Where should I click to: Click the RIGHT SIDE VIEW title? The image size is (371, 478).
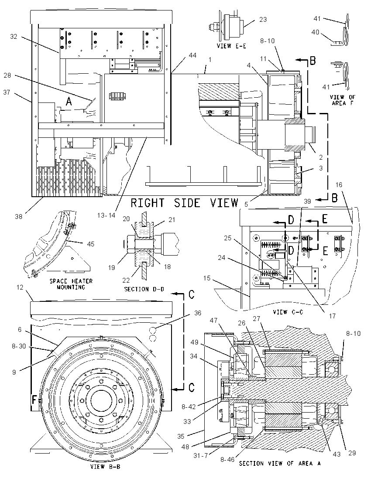pos(184,203)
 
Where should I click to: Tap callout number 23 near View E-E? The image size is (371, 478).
pos(263,20)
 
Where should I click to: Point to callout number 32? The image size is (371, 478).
pos(14,37)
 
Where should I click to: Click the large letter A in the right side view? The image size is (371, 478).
pos(69,102)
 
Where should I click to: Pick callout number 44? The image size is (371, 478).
pos(192,55)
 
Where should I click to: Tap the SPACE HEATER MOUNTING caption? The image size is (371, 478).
pos(71,284)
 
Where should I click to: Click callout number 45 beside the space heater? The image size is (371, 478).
pos(91,244)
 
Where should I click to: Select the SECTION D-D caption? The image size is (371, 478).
pos(144,289)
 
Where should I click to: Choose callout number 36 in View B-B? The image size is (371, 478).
pos(198,313)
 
